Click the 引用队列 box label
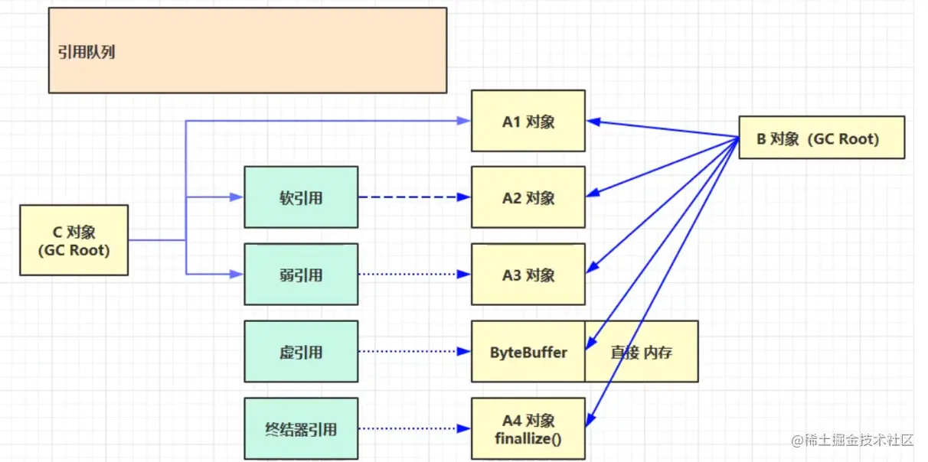pos(87,53)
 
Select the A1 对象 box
pos(528,122)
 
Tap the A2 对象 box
pos(528,197)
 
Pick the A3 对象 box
pos(528,275)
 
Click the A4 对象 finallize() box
pos(528,428)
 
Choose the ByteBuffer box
pos(528,352)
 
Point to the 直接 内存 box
pos(642,352)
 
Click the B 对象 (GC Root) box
pos(821,138)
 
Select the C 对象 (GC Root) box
pos(74,240)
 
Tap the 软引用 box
pos(301,197)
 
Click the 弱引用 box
pos(301,275)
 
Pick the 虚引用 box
pos(301,352)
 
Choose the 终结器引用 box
pos(301,428)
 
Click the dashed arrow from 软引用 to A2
pos(413,197)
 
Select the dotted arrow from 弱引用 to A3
pos(413,275)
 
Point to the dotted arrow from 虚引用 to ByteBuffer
pos(413,352)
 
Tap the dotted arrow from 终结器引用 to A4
pos(413,428)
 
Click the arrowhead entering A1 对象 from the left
pos(464,121)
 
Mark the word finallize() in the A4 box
pos(528,438)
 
